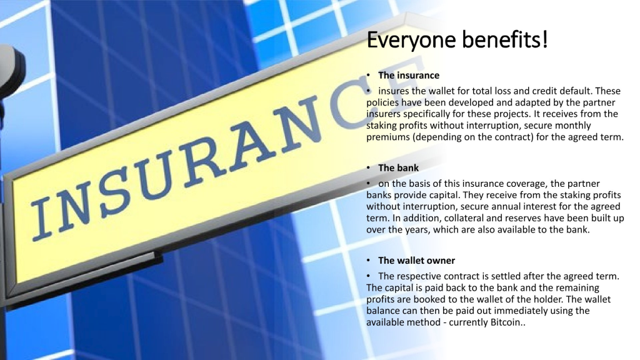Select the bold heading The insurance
tap(409, 76)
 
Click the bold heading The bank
tap(398, 168)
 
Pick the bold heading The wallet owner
tap(416, 261)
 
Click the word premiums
tap(387, 137)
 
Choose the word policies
tap(382, 103)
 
